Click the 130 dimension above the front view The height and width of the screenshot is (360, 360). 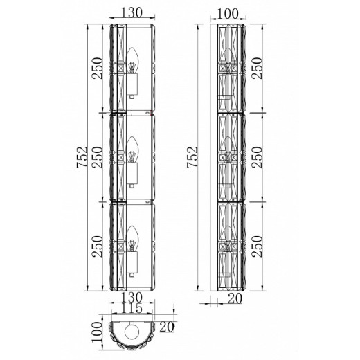click(x=132, y=12)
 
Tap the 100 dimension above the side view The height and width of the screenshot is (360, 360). click(x=228, y=14)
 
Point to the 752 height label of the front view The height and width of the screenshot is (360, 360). click(x=82, y=157)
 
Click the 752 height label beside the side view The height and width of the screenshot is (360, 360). click(x=192, y=157)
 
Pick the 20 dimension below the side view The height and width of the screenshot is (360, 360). click(x=235, y=298)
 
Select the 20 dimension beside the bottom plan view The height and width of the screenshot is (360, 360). click(x=167, y=327)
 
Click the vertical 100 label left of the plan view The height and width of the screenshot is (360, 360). click(x=97, y=332)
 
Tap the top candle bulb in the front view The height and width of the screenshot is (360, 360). click(x=132, y=60)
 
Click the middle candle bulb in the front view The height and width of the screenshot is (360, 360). click(x=132, y=150)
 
